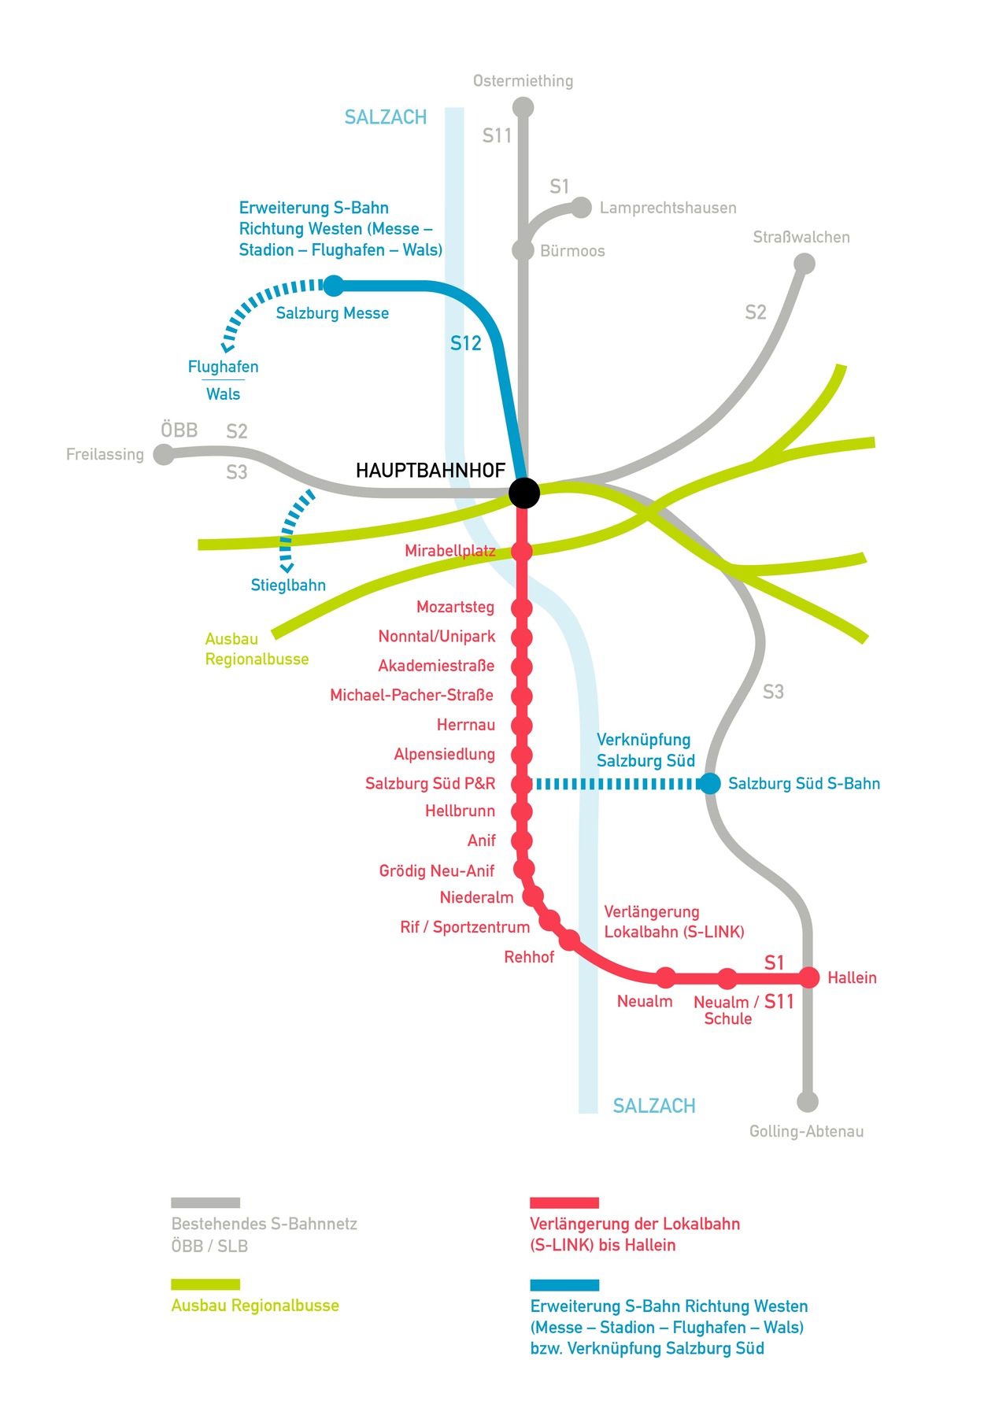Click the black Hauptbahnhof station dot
[x=523, y=493]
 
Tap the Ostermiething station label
[x=523, y=81]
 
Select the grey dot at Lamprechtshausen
[x=581, y=208]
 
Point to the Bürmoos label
[x=572, y=251]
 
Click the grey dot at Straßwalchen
[x=804, y=264]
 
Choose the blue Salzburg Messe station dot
[x=334, y=285]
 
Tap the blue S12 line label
[x=465, y=343]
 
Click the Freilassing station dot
[x=164, y=454]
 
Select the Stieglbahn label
[x=288, y=585]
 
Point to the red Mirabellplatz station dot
[x=522, y=551]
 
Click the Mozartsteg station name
[x=455, y=607]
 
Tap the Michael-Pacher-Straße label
[x=412, y=695]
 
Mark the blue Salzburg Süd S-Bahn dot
[x=710, y=783]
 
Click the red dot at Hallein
[x=809, y=977]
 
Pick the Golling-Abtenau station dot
[x=808, y=1102]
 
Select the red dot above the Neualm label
[x=666, y=977]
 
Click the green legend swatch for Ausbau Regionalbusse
[x=205, y=1284]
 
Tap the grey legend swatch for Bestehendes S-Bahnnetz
[x=205, y=1203]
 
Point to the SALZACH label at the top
[x=386, y=117]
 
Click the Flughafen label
[x=223, y=367]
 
